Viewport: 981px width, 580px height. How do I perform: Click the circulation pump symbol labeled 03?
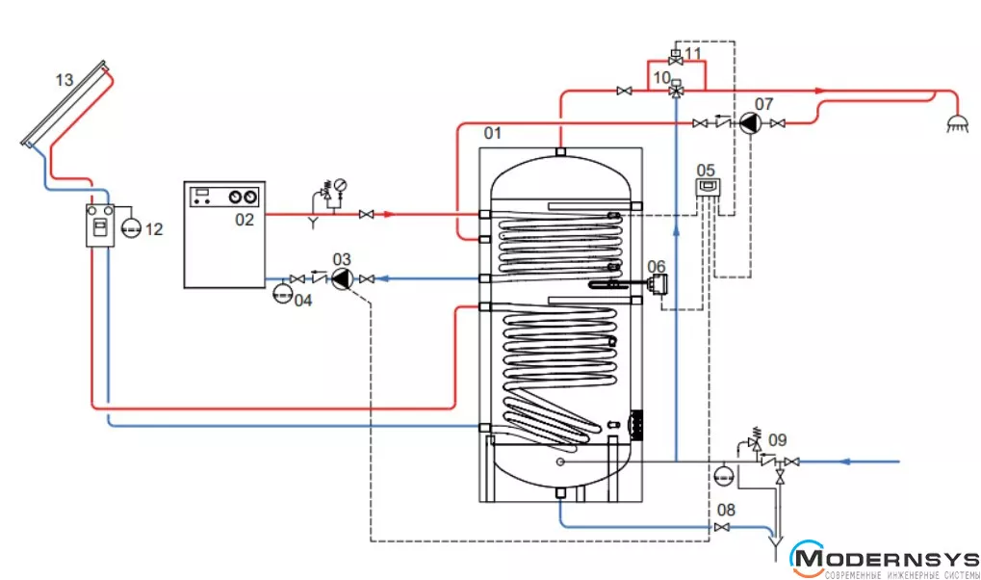[342, 278]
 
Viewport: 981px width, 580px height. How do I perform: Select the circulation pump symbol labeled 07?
[750, 123]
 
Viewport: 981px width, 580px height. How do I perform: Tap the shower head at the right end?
[957, 123]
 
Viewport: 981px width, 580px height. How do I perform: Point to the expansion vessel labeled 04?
[283, 293]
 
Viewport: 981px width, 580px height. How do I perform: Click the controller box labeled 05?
[708, 187]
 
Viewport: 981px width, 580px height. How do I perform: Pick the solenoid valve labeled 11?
[675, 58]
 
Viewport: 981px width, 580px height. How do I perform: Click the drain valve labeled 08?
[721, 527]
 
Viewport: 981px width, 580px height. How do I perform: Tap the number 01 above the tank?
[492, 133]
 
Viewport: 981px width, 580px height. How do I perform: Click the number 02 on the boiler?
[244, 220]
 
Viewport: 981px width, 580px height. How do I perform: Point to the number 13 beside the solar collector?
[65, 80]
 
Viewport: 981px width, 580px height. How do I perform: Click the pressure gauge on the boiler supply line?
[341, 185]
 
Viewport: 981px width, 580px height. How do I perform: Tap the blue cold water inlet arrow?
[844, 461]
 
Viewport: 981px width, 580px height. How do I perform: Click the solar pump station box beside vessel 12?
[99, 225]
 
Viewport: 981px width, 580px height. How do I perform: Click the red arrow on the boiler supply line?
[389, 214]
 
